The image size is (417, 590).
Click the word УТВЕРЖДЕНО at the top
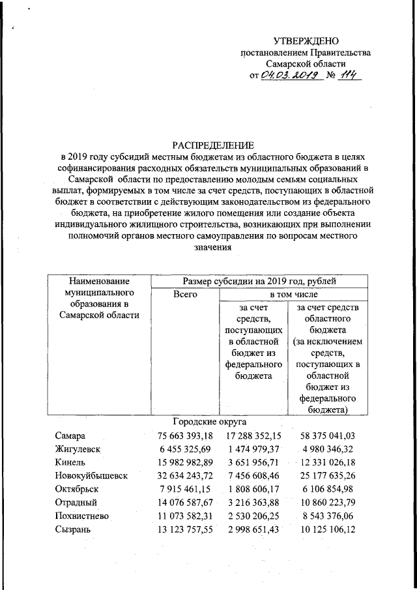[306, 41]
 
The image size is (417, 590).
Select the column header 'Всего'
[184, 295]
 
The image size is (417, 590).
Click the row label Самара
[70, 435]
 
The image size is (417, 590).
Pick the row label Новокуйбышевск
[91, 477]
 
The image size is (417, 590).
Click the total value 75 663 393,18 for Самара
[185, 435]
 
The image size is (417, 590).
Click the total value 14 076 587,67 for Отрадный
[185, 503]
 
